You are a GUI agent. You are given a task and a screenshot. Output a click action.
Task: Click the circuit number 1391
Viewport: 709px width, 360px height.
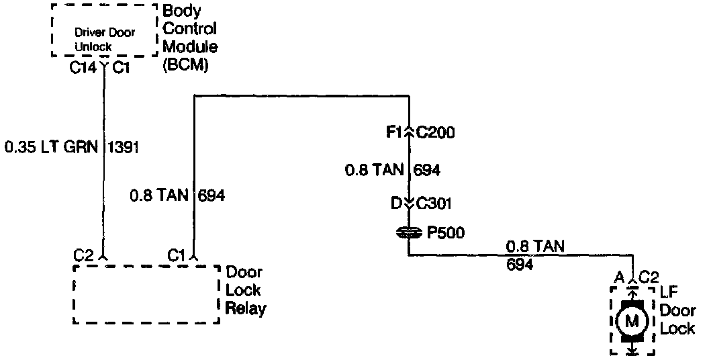(x=123, y=147)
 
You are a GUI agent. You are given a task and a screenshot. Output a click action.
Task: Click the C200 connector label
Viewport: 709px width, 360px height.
(x=436, y=133)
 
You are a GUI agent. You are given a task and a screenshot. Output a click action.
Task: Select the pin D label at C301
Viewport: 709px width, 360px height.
(x=395, y=202)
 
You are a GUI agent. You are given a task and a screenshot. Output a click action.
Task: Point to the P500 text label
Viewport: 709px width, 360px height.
(x=446, y=232)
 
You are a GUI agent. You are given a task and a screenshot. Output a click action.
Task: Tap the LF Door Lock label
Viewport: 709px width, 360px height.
(x=677, y=310)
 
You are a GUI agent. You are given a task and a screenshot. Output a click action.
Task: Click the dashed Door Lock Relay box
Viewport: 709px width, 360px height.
(x=146, y=294)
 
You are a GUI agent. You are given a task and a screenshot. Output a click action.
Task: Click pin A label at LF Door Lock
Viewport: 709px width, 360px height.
(x=618, y=277)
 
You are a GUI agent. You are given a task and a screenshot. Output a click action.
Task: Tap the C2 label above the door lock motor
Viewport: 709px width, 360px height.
(x=648, y=277)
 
